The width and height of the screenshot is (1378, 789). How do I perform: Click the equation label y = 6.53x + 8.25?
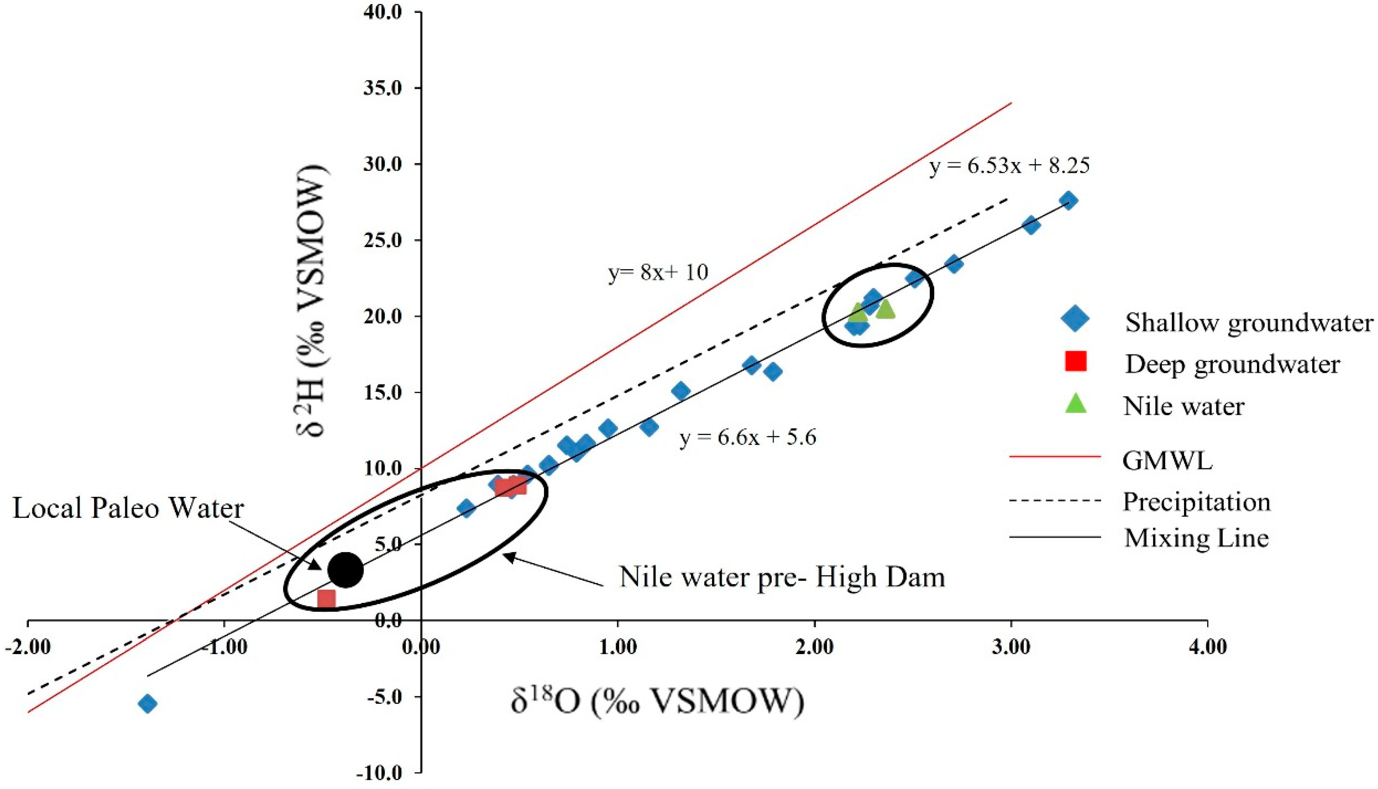pos(1009,166)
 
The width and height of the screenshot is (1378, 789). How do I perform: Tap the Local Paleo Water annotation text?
pos(128,508)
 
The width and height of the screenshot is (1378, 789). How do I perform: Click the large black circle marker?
pos(346,569)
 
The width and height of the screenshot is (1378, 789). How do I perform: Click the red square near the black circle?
pos(326,599)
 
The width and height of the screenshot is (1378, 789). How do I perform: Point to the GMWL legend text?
pos(1167,460)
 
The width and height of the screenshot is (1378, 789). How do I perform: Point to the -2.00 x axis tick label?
pos(27,648)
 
